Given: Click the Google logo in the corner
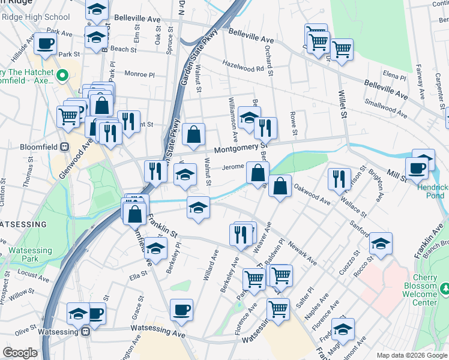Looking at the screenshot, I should [20, 353].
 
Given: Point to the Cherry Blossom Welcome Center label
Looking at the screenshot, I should [420, 295].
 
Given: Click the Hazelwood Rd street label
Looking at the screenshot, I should [243, 68].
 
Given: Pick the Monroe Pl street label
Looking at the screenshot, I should [139, 74].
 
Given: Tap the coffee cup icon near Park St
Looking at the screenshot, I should [45, 43].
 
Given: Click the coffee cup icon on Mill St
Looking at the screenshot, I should [417, 167].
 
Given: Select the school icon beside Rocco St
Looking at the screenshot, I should [381, 243].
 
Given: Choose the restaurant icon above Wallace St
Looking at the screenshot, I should [339, 178].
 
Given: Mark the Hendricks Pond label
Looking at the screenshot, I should [431, 191].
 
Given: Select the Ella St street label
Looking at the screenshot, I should [139, 277].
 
